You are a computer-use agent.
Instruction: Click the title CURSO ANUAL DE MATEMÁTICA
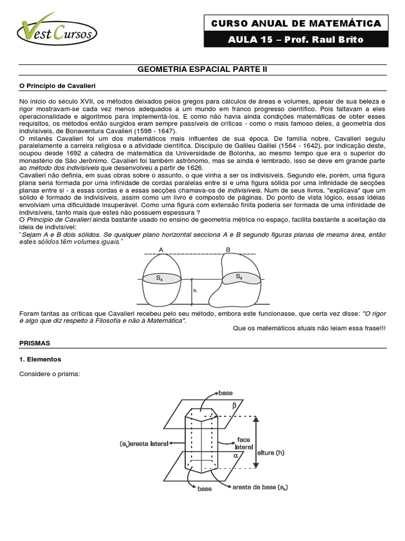pyautogui.click(x=296, y=23)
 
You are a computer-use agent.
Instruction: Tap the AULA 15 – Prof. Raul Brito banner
pyautogui.click(x=296, y=40)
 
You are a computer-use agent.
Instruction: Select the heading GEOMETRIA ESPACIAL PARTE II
pyautogui.click(x=203, y=69)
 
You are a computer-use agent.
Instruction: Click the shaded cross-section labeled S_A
pyautogui.click(x=160, y=277)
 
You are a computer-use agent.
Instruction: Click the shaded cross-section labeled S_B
pyautogui.click(x=240, y=276)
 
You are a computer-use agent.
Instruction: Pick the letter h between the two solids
pyautogui.click(x=195, y=290)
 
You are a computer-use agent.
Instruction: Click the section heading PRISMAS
pyautogui.click(x=35, y=343)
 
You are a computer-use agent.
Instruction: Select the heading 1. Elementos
pyautogui.click(x=40, y=359)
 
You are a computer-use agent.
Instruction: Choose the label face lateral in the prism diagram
pyautogui.click(x=243, y=443)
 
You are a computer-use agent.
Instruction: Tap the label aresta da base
pyautogui.click(x=259, y=487)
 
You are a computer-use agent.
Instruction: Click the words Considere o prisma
pyautogui.click(x=50, y=375)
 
